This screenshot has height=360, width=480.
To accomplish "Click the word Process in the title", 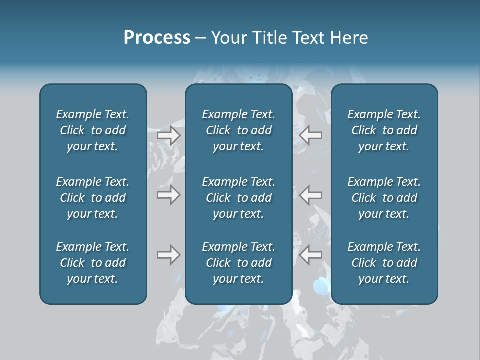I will pyautogui.click(x=157, y=38).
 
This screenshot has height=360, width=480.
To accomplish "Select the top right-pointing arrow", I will pyautogui.click(x=169, y=135).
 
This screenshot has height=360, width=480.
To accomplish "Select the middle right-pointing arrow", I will pyautogui.click(x=169, y=195).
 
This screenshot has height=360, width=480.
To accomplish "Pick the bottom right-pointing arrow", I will pyautogui.click(x=169, y=255).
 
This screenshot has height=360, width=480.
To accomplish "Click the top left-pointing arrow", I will pyautogui.click(x=311, y=135).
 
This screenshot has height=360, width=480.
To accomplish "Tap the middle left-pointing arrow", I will pyautogui.click(x=311, y=195).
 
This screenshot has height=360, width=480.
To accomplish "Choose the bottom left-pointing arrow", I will pyautogui.click(x=311, y=255).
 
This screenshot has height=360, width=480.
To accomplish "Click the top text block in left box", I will pyautogui.click(x=93, y=130).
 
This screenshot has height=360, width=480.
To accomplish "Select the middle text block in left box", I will pyautogui.click(x=93, y=198).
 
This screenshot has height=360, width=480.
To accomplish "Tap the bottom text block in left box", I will pyautogui.click(x=93, y=263).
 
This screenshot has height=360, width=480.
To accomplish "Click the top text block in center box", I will pyautogui.click(x=239, y=130).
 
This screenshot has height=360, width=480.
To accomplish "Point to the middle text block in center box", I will pyautogui.click(x=239, y=198).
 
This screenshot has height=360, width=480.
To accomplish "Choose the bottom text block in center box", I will pyautogui.click(x=239, y=263).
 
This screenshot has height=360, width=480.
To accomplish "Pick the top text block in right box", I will pyautogui.click(x=384, y=130).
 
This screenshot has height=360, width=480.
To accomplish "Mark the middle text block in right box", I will pyautogui.click(x=384, y=198).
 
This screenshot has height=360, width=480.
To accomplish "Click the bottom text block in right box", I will pyautogui.click(x=384, y=263).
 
